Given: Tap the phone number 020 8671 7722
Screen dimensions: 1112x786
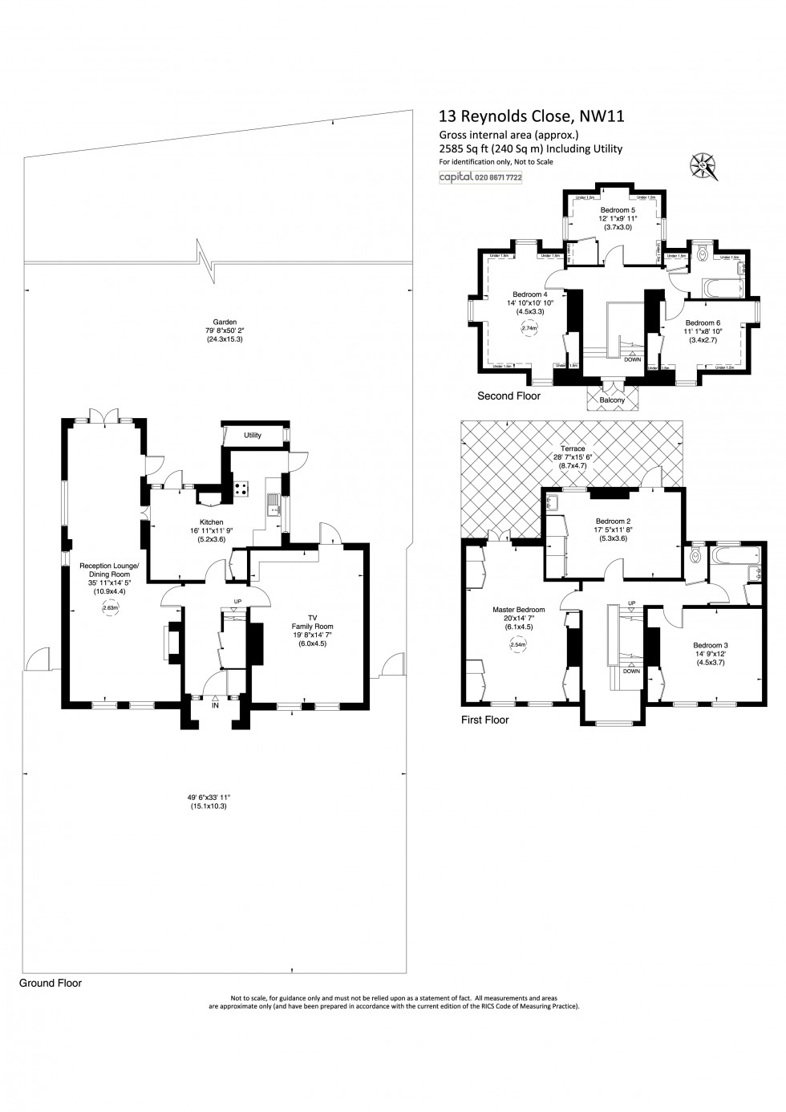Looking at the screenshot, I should coord(498,177).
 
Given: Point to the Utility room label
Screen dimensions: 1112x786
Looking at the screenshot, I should coord(253,436).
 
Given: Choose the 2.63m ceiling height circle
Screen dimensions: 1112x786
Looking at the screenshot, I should coord(110,608).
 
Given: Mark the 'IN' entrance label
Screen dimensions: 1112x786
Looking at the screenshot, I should coord(215,706).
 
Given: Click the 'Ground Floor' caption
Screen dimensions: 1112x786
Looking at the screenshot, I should coord(51,983).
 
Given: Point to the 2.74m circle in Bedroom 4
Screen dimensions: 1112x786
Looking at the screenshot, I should coord(529,327).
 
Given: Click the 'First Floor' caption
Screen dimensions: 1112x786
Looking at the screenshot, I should coord(484,720).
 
